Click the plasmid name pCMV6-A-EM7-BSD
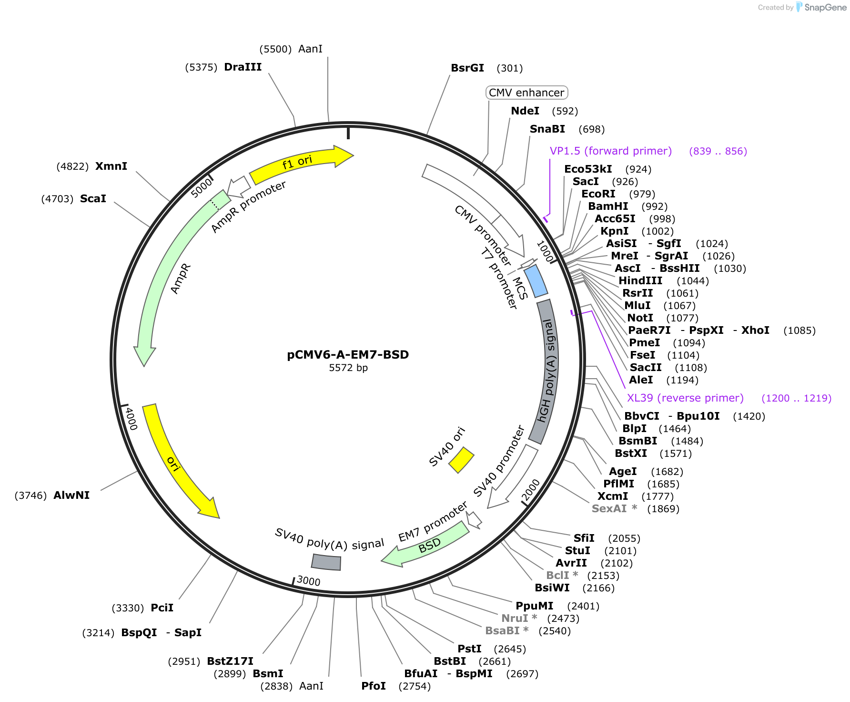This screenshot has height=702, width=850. [x=348, y=355]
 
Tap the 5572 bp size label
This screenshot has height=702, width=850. [x=348, y=368]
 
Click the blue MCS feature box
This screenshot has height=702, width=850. [x=536, y=281]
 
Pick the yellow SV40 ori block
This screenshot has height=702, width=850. [x=461, y=460]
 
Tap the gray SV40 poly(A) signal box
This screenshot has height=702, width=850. [x=326, y=562]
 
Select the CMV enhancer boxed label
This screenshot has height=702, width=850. [x=526, y=93]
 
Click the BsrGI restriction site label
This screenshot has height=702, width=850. [x=467, y=68]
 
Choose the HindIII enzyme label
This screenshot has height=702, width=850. [x=640, y=281]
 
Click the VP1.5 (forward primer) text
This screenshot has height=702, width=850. [x=611, y=151]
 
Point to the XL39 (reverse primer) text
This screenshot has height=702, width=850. [x=685, y=398]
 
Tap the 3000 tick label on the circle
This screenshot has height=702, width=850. [x=308, y=581]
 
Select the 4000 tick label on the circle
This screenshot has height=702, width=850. [x=131, y=418]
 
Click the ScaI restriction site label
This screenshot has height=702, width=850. [x=93, y=199]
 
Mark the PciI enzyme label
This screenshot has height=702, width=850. [x=162, y=608]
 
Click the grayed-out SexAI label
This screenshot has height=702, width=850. [x=609, y=509]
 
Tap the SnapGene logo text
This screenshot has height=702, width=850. [x=826, y=8]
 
